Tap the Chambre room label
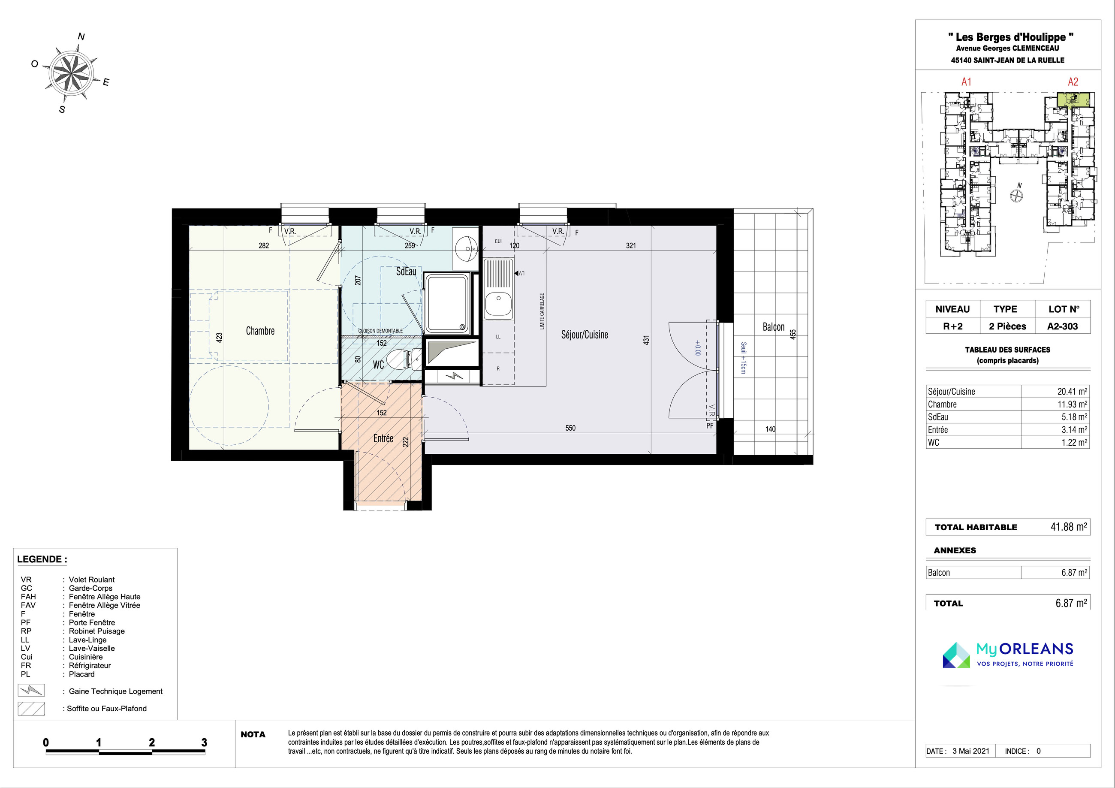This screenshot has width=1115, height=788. (260, 331)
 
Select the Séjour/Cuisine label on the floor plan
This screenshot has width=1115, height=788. (584, 335)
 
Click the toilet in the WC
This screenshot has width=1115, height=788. (399, 359)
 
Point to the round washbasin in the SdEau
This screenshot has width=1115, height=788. (467, 249)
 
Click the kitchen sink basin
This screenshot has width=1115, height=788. (498, 304)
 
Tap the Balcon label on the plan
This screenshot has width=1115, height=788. (773, 327)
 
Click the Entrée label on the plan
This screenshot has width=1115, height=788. (383, 438)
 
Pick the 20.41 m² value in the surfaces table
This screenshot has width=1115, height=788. (1072, 392)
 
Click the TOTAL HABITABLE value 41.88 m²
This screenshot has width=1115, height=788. (1069, 527)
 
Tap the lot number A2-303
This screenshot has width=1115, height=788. (1063, 326)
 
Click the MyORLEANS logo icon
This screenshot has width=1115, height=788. (956, 655)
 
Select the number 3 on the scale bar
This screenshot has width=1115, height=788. (204, 743)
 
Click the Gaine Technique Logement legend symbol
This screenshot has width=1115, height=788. (31, 690)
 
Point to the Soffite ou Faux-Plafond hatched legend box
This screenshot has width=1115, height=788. (31, 708)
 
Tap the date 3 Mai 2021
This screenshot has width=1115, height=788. (971, 751)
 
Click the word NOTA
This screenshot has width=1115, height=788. (253, 734)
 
